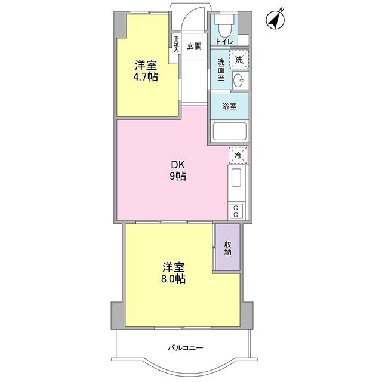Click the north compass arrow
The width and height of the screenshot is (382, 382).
pos(275,20)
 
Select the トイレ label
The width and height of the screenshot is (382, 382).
pos(224,42)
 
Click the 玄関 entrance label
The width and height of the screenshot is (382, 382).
pos(193,46)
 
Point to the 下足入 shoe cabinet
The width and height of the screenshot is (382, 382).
pos(176,45)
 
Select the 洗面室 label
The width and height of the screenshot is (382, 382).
pos(221,70)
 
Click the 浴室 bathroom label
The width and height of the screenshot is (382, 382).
pos(229,106)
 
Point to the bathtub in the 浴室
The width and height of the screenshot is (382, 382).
pos(229,131)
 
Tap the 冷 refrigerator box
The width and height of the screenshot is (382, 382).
pos(238,155)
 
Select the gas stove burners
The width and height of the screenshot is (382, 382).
pos(236,210)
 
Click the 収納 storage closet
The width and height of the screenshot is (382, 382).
pos(227,248)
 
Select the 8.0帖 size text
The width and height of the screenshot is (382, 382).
pos(171,279)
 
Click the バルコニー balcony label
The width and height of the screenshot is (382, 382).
pos(185,347)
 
